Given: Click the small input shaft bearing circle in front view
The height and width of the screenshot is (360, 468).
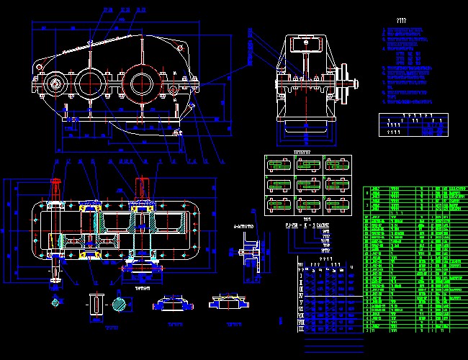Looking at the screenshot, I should click(x=55, y=84).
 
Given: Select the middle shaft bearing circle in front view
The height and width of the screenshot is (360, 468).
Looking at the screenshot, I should click(x=90, y=81).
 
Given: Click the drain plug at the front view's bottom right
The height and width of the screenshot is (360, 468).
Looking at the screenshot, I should click(x=178, y=132).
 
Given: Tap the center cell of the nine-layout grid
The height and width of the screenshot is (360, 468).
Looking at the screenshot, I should click(x=307, y=185).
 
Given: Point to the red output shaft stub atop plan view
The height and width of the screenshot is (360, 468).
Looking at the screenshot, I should click(x=141, y=186).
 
